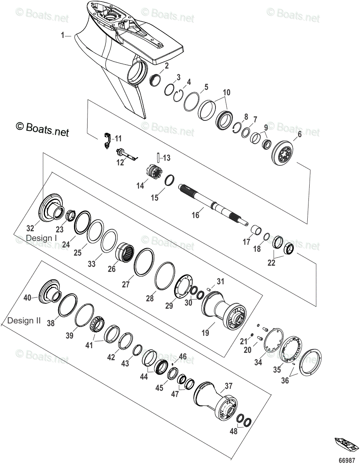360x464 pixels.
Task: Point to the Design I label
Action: click(41, 237)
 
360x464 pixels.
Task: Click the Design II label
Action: click(24, 321)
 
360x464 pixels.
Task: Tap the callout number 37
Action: click(229, 385)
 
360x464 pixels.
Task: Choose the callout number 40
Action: click(28, 298)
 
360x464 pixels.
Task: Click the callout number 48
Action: click(233, 431)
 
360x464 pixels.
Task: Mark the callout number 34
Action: click(258, 362)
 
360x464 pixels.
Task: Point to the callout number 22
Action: click(272, 263)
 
